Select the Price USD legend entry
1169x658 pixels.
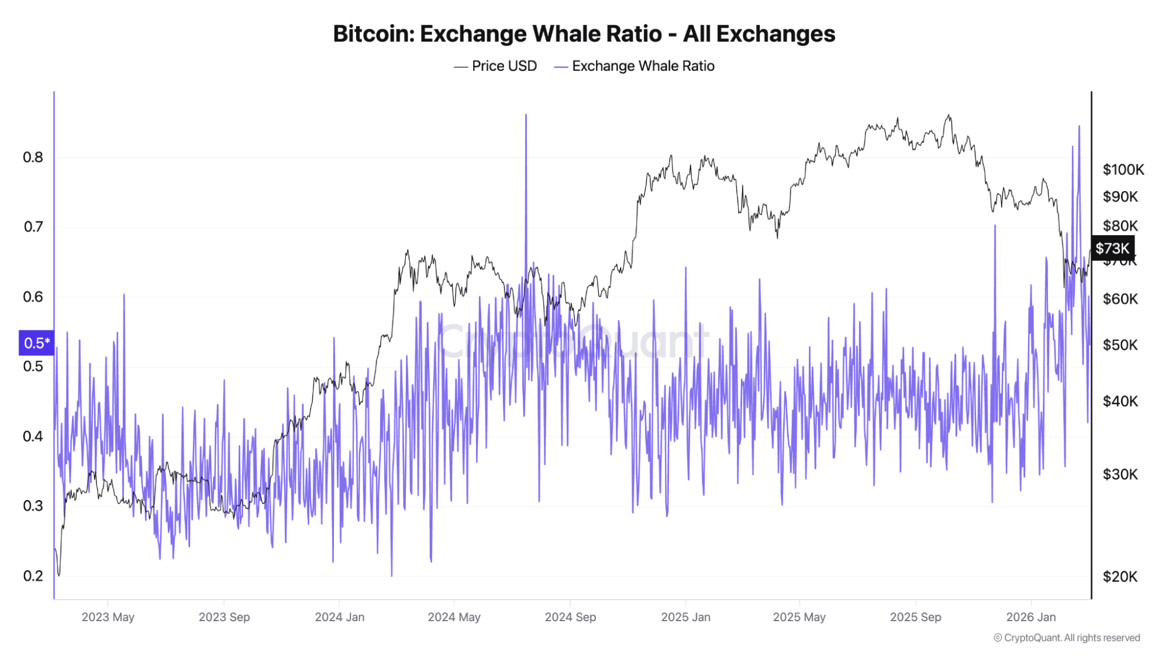click(495, 66)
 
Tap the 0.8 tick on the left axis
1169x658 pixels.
click(33, 157)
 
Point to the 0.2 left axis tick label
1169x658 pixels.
click(33, 576)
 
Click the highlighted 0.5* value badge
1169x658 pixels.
click(36, 343)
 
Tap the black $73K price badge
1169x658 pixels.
click(1112, 249)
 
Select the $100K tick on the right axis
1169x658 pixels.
click(1123, 170)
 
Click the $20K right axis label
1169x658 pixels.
click(1120, 577)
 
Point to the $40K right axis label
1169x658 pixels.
click(1120, 401)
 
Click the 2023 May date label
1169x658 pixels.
click(108, 617)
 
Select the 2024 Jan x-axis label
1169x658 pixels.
click(339, 617)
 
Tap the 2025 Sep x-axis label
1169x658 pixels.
click(915, 617)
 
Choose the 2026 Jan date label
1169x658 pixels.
click(1030, 617)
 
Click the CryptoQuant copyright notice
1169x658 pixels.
click(1067, 638)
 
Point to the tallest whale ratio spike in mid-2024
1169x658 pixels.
click(526, 117)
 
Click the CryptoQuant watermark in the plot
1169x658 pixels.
click(573, 341)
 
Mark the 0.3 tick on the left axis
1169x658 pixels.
click(33, 506)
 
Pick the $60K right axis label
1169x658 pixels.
click(1120, 299)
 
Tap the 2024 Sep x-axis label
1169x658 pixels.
click(570, 617)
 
